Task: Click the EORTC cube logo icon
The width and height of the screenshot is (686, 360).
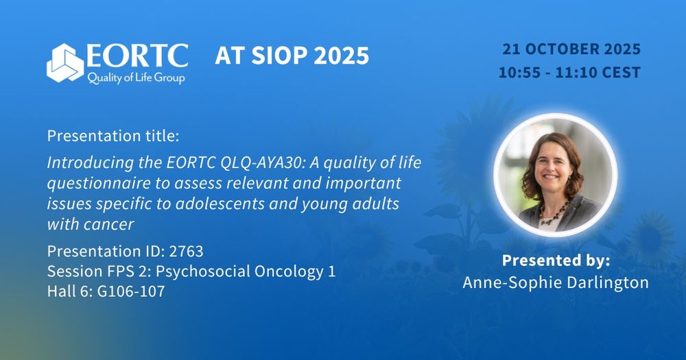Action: pos(64,63)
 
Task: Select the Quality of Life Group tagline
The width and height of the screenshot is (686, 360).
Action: pos(136,78)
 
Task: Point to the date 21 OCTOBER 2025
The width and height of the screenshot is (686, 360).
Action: pos(571,49)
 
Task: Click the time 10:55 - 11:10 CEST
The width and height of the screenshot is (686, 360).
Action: pos(569,72)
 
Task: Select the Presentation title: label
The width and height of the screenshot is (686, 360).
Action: pos(113,136)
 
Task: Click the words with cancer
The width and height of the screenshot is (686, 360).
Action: pos(91,224)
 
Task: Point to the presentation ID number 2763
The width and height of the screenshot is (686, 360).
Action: pos(186,252)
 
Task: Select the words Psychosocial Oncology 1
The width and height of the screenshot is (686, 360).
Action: pos(246,272)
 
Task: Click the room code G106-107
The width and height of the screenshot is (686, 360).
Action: pos(131,291)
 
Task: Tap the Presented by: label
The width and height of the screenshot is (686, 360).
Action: pos(556,261)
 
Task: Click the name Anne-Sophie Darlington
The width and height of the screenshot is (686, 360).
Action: pos(556,283)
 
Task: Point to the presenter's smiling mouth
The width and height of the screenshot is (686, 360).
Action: pos(551,177)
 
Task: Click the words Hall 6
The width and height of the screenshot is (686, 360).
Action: pos(69,291)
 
